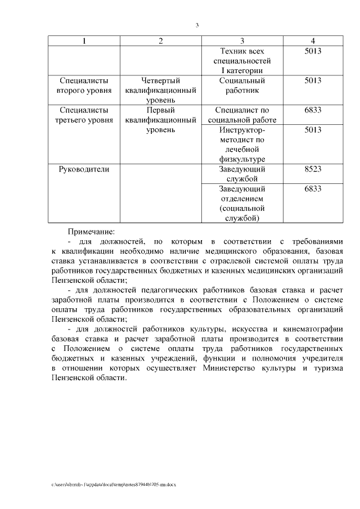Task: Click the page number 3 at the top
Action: (x=197, y=25)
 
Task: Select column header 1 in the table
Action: (x=85, y=41)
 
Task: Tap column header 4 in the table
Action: (x=313, y=41)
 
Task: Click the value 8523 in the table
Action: (x=313, y=169)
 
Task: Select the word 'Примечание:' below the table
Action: (x=91, y=231)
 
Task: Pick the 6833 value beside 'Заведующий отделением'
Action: (x=313, y=189)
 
